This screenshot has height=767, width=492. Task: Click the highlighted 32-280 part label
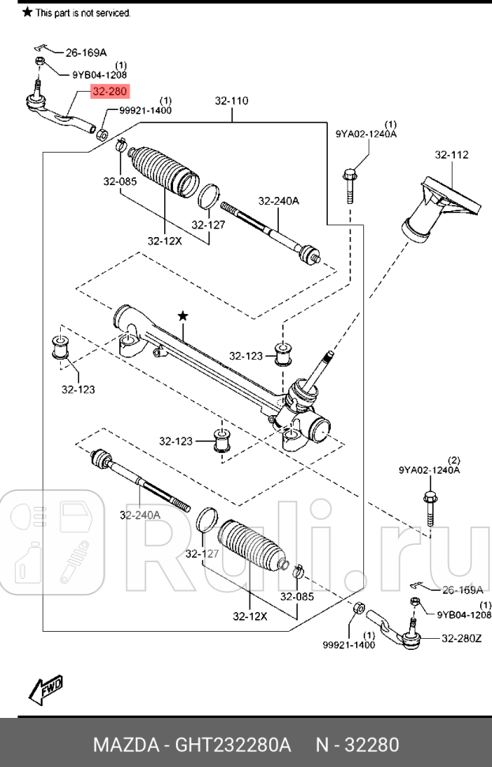tap(108, 92)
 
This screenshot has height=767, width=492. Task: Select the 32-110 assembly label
tap(231, 101)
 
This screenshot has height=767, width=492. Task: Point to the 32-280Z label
tap(460, 638)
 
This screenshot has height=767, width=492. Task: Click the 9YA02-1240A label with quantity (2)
tap(429, 470)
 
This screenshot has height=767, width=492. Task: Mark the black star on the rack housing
tap(183, 315)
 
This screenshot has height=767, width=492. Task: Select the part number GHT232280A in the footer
tap(235, 745)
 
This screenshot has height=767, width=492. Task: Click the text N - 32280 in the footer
tap(358, 745)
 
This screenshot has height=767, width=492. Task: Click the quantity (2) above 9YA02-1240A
tap(453, 459)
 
